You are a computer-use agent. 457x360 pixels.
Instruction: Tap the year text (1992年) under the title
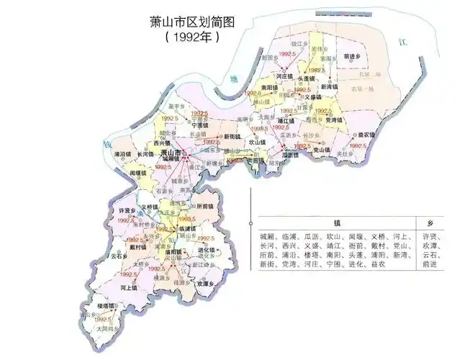[190, 33]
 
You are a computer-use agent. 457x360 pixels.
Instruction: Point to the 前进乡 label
[352, 55]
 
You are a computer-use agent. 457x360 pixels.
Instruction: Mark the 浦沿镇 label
[122, 154]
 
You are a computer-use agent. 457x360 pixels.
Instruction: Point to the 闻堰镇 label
[138, 174]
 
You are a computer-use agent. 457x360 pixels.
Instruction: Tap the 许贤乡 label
[127, 210]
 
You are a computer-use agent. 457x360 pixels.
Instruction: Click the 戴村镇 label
[137, 247]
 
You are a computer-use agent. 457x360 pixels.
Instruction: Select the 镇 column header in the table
[336, 222]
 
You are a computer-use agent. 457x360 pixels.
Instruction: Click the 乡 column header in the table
[429, 222]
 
